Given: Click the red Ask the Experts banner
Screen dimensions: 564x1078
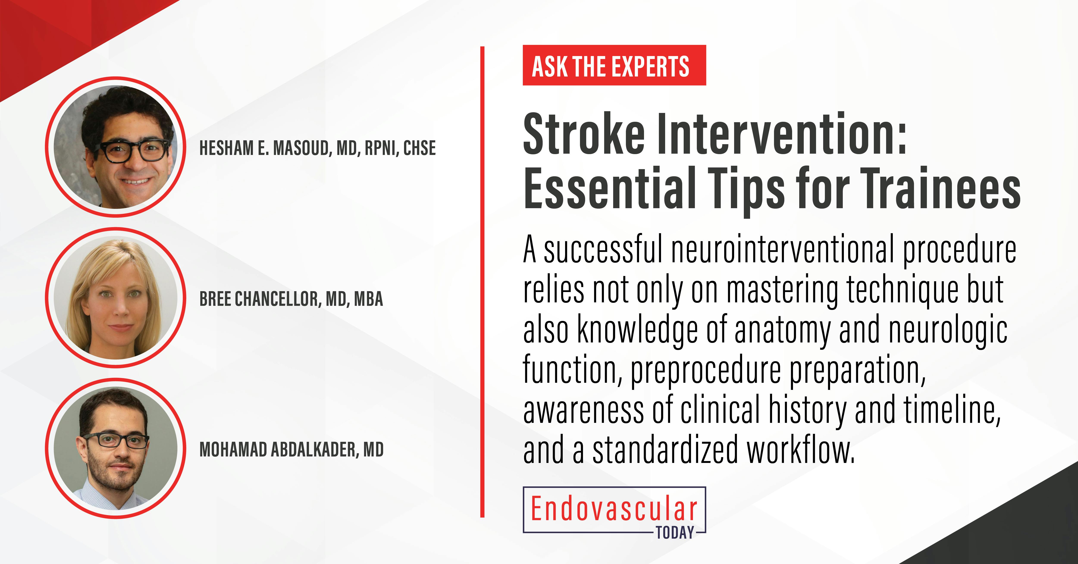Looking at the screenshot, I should point(614,66).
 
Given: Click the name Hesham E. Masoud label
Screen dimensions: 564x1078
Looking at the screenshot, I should point(317,148).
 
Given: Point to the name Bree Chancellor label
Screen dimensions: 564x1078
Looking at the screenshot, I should point(291,299).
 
